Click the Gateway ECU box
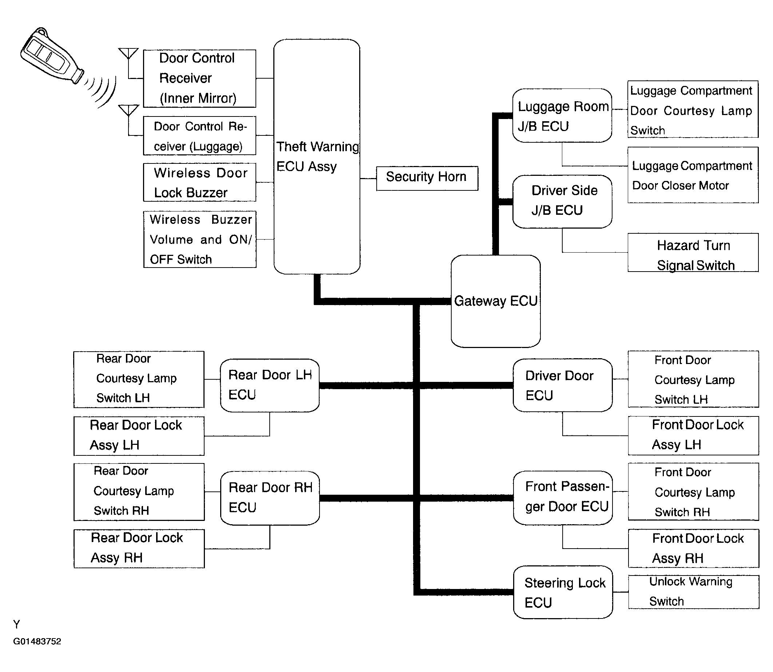496,301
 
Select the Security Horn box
427,178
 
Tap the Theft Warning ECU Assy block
317,157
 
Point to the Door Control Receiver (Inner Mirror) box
199,78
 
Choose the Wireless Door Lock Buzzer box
199,182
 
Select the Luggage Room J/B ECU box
562,115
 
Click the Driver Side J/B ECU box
562,201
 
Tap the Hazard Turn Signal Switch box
693,252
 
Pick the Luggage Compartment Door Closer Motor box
693,175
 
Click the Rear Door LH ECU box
270,385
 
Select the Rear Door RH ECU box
270,498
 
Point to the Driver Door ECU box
562,385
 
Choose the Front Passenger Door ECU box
562,498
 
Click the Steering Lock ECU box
563,592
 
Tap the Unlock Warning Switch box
694,592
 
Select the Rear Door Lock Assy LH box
139,436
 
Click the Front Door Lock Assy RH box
694,548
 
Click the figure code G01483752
37,641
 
